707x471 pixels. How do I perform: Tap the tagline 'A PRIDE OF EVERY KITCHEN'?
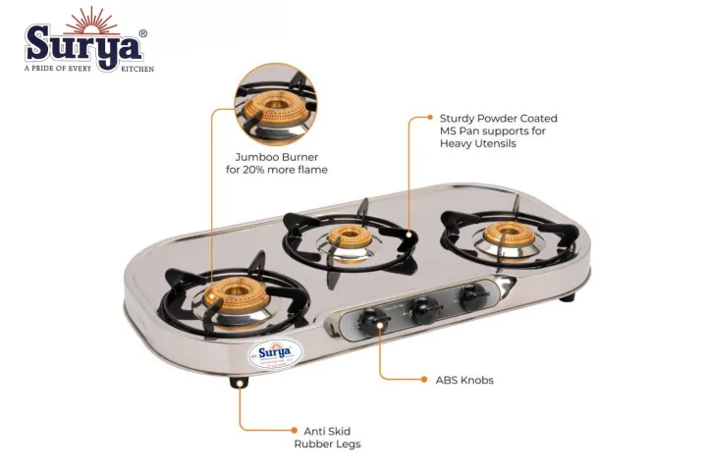(89, 68)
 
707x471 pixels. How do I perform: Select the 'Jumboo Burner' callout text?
(276, 157)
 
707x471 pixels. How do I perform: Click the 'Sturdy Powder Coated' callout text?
(498, 118)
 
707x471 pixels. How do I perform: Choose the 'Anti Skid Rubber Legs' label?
(327, 438)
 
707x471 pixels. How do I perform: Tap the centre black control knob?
(423, 307)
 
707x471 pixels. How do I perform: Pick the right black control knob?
(473, 293)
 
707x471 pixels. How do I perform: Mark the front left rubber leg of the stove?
(239, 383)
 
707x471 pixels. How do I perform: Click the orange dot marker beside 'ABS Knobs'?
(381, 379)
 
